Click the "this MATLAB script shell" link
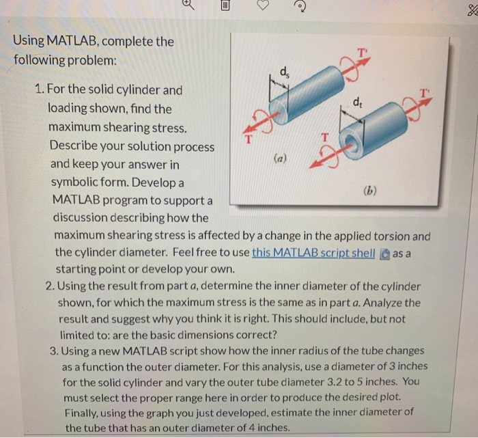313,252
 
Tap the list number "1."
40,90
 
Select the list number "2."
40,286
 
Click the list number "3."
40,351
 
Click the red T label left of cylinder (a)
249,141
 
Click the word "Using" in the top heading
29,42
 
